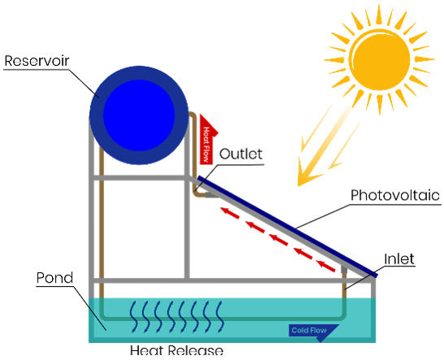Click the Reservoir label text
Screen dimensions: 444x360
tap(37, 61)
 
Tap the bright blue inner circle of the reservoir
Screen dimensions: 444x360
tap(139, 115)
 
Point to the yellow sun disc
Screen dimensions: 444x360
tap(380, 59)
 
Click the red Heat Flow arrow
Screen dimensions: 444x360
tap(209, 139)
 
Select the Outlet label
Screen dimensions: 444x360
tap(241, 154)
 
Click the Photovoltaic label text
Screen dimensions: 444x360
tap(395, 195)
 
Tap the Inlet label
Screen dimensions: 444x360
tap(399, 259)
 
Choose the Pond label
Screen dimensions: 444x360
tap(54, 278)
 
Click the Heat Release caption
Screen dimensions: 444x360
tap(176, 350)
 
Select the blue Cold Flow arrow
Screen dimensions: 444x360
tap(313, 332)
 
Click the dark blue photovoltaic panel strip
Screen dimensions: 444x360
tap(287, 227)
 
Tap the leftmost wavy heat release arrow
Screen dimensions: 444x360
tap(133, 317)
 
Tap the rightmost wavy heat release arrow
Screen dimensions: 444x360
tap(220, 317)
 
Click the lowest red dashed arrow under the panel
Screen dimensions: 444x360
tap(326, 266)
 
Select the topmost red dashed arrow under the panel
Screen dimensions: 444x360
tap(230, 213)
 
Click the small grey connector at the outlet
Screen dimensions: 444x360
tap(211, 195)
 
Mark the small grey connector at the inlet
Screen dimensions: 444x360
tap(343, 269)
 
